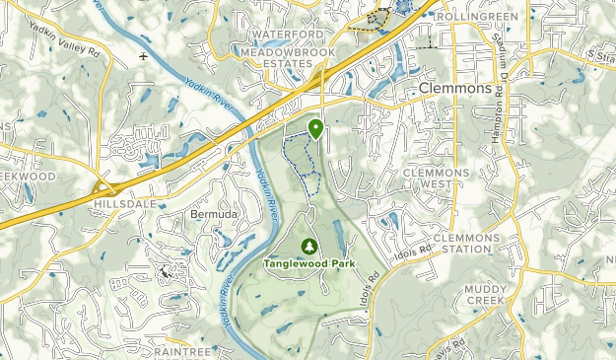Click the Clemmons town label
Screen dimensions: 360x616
tap(454, 88)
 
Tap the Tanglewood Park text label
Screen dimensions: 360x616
tap(309, 263)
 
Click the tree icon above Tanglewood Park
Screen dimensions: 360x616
tap(309, 246)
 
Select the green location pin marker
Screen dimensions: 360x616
tap(315, 128)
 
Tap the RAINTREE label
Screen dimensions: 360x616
tap(183, 350)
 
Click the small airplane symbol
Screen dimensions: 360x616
tap(145, 56)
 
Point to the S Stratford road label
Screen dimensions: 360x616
tap(597, 52)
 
